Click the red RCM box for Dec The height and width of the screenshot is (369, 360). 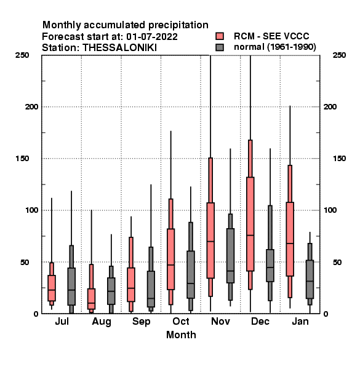[x=250, y=224]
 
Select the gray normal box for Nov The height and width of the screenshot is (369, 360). [x=230, y=256]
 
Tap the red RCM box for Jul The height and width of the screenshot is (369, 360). [x=52, y=288]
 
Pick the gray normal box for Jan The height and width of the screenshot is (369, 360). [x=310, y=279]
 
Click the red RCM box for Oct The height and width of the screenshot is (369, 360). [x=170, y=259]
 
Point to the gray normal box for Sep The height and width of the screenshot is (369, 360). [x=151, y=289]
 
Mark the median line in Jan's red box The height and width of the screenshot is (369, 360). [x=290, y=244]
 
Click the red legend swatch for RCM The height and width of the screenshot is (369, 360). [x=220, y=36]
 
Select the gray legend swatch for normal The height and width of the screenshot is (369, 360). [x=220, y=47]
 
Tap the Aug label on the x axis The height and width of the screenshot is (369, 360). [x=102, y=322]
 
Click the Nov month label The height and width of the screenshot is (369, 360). [x=220, y=321]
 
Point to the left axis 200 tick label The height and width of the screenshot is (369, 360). [x=31, y=107]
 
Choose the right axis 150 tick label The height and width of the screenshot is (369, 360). [x=339, y=159]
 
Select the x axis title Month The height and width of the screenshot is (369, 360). [x=181, y=335]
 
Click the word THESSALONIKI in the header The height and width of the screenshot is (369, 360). [x=119, y=48]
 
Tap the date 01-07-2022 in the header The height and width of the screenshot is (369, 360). [x=152, y=37]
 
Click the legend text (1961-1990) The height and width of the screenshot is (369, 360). [x=292, y=47]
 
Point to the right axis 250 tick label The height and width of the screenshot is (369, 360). [x=339, y=55]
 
